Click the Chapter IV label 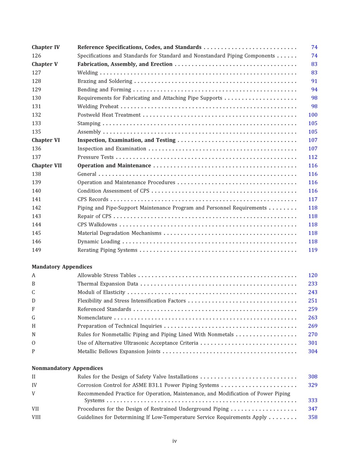45,47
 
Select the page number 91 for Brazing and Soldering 314,81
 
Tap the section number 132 36,115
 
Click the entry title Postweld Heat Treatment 109,115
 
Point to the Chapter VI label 45,140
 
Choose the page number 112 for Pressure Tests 313,157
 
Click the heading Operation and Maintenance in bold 114,166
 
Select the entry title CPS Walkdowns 97,225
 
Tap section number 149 36,250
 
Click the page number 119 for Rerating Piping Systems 313,250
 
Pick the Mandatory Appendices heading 62,267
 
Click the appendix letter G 33,318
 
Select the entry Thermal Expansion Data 108,284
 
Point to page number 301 313,343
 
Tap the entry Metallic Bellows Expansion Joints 119,352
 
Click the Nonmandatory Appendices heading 67,368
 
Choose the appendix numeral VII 35,409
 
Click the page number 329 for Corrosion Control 313,385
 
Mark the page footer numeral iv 174,441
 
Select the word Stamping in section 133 89,124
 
